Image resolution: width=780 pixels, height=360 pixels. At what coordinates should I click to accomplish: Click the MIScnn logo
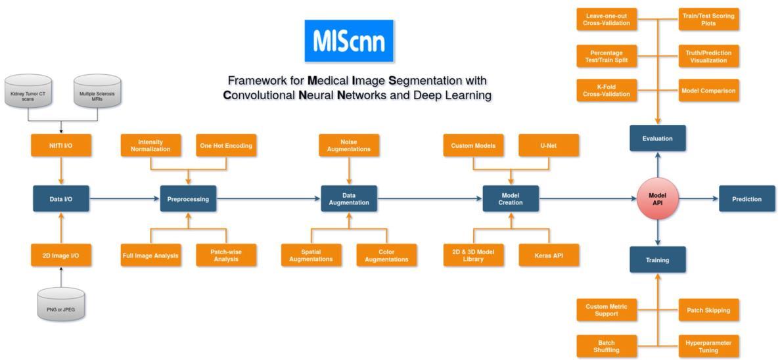tap(349, 41)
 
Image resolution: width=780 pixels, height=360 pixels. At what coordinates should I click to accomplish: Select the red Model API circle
tap(658, 199)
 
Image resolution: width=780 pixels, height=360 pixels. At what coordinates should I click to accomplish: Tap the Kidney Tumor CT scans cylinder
tap(28, 91)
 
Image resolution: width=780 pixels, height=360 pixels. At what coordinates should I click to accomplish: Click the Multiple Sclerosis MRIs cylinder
tap(97, 91)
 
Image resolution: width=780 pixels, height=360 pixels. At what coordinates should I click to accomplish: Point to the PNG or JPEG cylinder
tap(61, 304)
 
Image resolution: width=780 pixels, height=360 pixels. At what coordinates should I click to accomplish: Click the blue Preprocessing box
tap(188, 199)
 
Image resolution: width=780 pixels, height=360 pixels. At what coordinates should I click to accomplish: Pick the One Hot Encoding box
tap(226, 146)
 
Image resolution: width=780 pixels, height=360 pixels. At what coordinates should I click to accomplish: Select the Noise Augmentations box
tap(349, 146)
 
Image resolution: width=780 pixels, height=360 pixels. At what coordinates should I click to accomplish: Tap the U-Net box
tap(549, 146)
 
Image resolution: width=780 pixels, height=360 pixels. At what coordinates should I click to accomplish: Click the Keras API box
tap(549, 256)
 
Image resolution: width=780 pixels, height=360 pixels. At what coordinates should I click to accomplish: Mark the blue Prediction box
tap(746, 199)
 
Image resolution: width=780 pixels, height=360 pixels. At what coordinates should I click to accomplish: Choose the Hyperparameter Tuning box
tap(708, 347)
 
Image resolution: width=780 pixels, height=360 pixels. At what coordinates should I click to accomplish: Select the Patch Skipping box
tap(708, 310)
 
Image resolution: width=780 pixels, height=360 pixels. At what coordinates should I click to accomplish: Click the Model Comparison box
tap(708, 91)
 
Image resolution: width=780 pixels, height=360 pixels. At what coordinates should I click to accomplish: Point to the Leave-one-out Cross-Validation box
tap(607, 20)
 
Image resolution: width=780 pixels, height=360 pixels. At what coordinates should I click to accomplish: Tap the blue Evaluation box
tap(658, 138)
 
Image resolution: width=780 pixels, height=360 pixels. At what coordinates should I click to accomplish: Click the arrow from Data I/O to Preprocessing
tap(125, 199)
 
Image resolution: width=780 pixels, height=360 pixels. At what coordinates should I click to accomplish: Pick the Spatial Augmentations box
tap(311, 256)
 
